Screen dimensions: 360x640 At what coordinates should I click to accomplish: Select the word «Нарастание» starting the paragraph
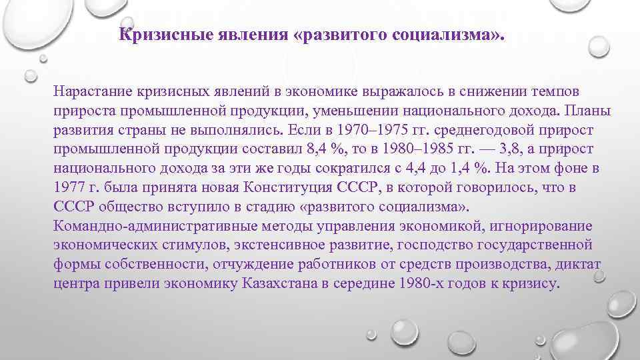tap(94, 90)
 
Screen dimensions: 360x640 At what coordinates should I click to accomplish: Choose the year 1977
tap(70, 187)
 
